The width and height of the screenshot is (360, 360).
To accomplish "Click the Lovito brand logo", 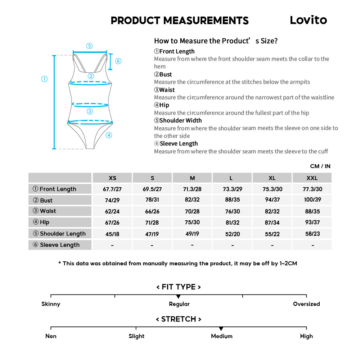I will click(x=308, y=20).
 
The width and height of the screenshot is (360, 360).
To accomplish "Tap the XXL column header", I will click(x=312, y=178).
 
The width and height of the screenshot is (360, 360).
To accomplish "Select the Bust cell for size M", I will click(x=192, y=200).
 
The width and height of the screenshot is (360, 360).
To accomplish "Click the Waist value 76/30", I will click(x=233, y=211).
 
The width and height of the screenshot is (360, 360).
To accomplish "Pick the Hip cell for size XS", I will click(x=112, y=222).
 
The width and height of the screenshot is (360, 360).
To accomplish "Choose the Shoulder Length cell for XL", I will click(x=272, y=234).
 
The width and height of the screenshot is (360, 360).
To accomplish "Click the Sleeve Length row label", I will click(x=60, y=245).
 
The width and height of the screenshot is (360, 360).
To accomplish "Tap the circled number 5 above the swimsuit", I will click(x=89, y=46).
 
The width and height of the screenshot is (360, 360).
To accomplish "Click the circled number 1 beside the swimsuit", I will click(x=44, y=79).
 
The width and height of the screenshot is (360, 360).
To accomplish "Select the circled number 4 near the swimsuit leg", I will click(x=109, y=135).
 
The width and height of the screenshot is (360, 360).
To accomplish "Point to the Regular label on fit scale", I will click(x=179, y=304).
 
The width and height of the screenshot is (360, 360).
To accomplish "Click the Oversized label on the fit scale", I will click(x=306, y=304).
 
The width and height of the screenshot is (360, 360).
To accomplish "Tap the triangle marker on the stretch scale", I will click(x=221, y=329).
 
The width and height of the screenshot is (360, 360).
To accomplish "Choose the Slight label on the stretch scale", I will click(x=136, y=336).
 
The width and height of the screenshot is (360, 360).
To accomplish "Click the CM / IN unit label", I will click(x=320, y=166).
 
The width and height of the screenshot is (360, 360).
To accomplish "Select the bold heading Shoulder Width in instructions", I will click(x=180, y=121).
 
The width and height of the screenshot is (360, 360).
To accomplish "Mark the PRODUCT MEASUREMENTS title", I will click(x=180, y=21).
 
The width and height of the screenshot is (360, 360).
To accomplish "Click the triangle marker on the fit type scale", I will click(x=179, y=296).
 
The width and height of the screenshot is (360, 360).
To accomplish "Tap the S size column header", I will click(x=152, y=178).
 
